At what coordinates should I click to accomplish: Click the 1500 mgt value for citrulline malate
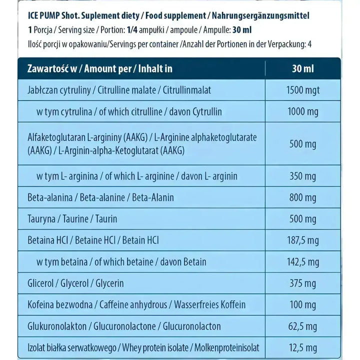click(303, 90)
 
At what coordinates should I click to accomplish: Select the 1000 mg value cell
click(303, 112)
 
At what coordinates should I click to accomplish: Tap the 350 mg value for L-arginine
click(303, 176)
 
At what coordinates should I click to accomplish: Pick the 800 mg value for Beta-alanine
click(303, 197)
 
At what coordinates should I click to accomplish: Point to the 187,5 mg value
click(303, 240)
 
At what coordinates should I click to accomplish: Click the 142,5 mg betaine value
click(303, 262)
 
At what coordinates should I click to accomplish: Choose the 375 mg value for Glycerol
click(303, 283)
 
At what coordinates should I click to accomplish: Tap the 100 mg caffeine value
click(303, 305)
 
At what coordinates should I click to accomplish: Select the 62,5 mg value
click(303, 326)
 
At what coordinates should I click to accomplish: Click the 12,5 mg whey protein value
click(303, 347)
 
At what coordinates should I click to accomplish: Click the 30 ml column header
click(303, 68)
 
